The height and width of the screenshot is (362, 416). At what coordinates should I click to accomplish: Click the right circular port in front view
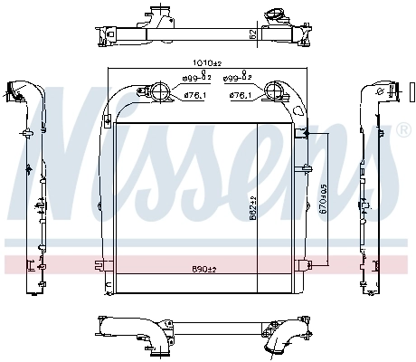(x=275, y=90)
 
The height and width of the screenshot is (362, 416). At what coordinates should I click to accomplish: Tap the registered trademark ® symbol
(x=403, y=130)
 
